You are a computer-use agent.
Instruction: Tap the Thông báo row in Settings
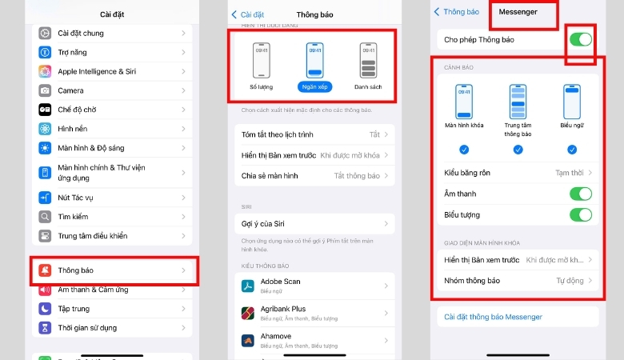click(x=112, y=270)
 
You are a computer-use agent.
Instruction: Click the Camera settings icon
click(x=45, y=90)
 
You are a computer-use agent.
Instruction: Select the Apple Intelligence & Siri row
click(x=112, y=71)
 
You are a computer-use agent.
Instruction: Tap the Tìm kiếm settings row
click(x=112, y=217)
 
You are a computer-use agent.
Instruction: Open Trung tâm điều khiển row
click(x=112, y=236)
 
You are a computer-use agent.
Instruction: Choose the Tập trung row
click(x=112, y=309)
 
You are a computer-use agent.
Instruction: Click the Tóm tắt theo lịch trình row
click(x=314, y=135)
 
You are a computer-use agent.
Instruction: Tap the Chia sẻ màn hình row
click(x=314, y=175)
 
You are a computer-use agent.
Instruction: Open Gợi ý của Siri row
click(x=314, y=223)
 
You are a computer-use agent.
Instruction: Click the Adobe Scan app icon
click(x=247, y=286)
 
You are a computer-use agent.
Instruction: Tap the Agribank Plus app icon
click(x=247, y=313)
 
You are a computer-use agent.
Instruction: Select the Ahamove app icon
click(x=247, y=340)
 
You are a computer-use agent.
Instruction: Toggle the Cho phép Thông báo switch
click(x=580, y=38)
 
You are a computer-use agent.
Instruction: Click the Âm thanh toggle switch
click(x=580, y=194)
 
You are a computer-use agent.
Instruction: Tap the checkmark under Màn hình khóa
click(x=464, y=150)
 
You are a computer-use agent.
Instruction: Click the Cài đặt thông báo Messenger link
click(x=494, y=318)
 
